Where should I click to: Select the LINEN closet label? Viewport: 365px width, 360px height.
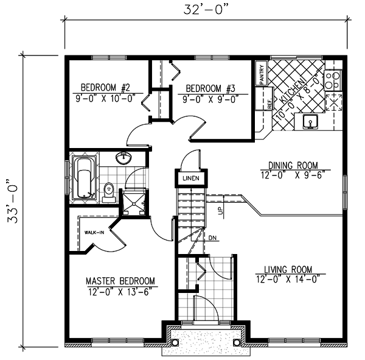(189, 179)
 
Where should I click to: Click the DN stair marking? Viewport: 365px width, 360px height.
(212, 238)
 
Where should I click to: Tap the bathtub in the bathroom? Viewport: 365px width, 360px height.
(83, 178)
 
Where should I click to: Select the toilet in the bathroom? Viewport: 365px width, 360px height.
(109, 191)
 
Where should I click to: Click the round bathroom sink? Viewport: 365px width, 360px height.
(124, 158)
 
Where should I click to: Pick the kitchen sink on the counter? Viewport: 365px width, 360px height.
(310, 123)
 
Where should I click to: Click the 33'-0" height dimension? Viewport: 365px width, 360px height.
(10, 202)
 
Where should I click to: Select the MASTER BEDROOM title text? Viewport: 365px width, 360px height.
(120, 281)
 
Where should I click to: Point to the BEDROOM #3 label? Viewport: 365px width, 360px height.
(208, 86)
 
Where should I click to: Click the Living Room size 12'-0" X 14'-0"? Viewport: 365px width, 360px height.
(288, 280)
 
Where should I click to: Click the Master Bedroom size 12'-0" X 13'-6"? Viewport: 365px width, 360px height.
(119, 291)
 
